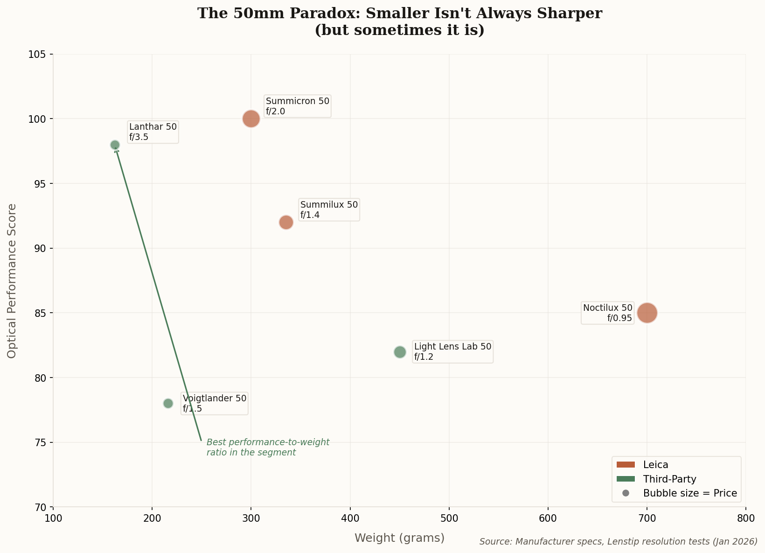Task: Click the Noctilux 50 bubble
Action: pos(647,313)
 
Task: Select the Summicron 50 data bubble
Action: pos(251,119)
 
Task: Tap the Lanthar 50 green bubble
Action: pos(115,145)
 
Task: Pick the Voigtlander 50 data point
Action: pos(168,403)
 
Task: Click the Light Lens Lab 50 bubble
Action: pos(400,352)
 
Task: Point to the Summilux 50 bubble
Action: pos(286,222)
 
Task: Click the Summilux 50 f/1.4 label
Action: pos(329,210)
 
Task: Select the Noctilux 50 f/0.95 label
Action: pos(607,313)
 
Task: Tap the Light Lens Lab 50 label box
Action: pos(452,352)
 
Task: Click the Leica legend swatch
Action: pos(626,464)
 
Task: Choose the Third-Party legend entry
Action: pos(669,479)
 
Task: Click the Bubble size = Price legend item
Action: pos(689,493)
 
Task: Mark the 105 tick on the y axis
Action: pos(45,55)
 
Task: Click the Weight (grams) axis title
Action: pos(399,538)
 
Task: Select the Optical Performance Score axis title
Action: pos(12,280)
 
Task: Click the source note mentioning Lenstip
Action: pos(618,541)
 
